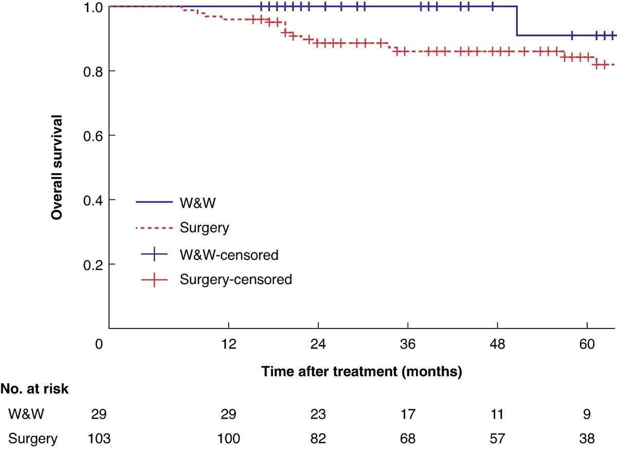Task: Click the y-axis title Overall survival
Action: (58, 167)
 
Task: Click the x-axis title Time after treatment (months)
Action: (361, 371)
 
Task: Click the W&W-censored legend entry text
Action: (229, 255)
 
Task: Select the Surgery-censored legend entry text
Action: (236, 280)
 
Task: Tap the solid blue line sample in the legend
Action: (154, 202)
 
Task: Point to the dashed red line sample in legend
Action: (154, 228)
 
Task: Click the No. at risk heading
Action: (34, 389)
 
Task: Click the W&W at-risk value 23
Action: (318, 414)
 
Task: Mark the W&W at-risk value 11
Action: (498, 414)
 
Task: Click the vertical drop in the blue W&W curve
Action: (517, 21)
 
